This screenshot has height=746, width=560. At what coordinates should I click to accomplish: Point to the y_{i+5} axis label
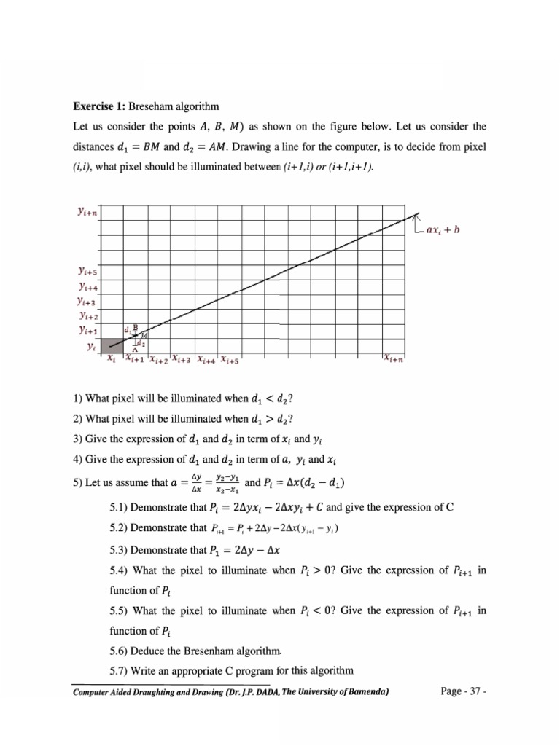tap(87, 272)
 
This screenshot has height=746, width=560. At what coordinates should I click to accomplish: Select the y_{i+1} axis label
tap(87, 330)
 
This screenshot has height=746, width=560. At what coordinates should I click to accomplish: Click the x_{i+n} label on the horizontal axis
tap(396, 358)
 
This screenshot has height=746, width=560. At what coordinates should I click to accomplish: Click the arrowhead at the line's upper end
tap(416, 214)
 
